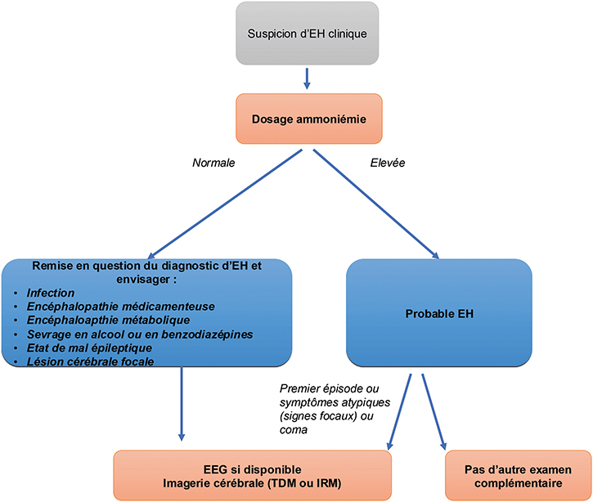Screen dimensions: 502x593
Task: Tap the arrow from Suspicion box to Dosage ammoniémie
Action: [306, 78]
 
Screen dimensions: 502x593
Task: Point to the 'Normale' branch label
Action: [214, 163]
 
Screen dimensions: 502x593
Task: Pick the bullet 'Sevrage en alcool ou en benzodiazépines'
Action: [138, 333]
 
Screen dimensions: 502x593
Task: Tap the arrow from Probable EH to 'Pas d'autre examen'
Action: [434, 413]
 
